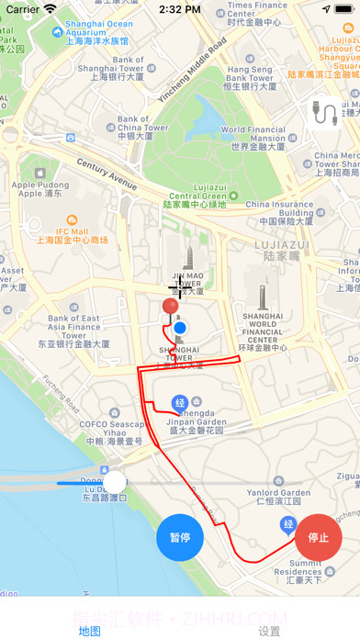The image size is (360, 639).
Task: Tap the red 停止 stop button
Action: point(319,537)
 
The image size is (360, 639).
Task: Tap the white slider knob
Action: point(115,482)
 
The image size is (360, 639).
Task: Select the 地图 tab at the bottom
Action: point(90,631)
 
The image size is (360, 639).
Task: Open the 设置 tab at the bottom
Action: point(269,631)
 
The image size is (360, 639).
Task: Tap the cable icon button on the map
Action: point(323,114)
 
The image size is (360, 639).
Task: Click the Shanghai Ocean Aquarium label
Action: point(93,30)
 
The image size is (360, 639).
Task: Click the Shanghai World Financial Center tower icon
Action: point(263,297)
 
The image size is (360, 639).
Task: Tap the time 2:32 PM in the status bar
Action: point(179,9)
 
